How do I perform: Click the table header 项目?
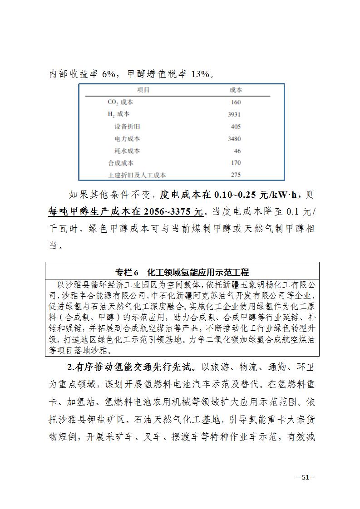pyautogui.click(x=143, y=90)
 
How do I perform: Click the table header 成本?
pyautogui.click(x=236, y=90)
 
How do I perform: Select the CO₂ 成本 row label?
pyautogui.click(x=120, y=103)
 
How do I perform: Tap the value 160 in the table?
pyautogui.click(x=236, y=103)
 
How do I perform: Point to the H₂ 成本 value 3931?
pyautogui.click(x=234, y=115)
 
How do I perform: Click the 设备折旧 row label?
pyautogui.click(x=127, y=127)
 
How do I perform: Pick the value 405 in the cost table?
pyautogui.click(x=236, y=127)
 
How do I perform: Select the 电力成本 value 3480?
pyautogui.click(x=234, y=139)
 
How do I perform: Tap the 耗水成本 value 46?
pyautogui.click(x=237, y=151)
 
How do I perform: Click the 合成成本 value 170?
pyautogui.click(x=236, y=163)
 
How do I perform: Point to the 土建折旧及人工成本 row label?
pyautogui.click(x=137, y=175)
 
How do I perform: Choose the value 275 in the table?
pyautogui.click(x=236, y=175)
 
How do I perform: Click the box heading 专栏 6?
pyautogui.click(x=127, y=273)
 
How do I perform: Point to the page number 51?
pyautogui.click(x=305, y=477)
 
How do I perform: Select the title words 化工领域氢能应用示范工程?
pyautogui.click(x=198, y=273)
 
